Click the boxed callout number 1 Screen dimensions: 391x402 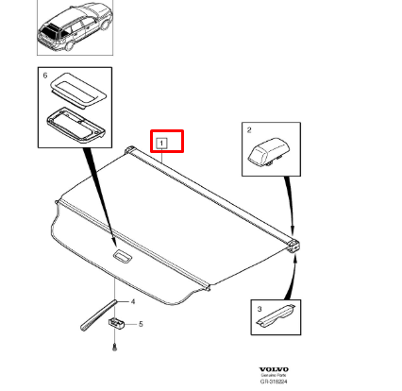(x=162, y=144)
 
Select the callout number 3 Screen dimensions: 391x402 (x=256, y=308)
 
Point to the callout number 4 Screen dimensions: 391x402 (x=133, y=302)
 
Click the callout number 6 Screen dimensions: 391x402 (x=42, y=73)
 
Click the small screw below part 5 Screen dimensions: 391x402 (x=115, y=348)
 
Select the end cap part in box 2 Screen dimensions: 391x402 (x=266, y=151)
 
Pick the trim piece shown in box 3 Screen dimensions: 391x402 (x=276, y=315)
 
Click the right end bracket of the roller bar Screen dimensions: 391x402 (x=294, y=245)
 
